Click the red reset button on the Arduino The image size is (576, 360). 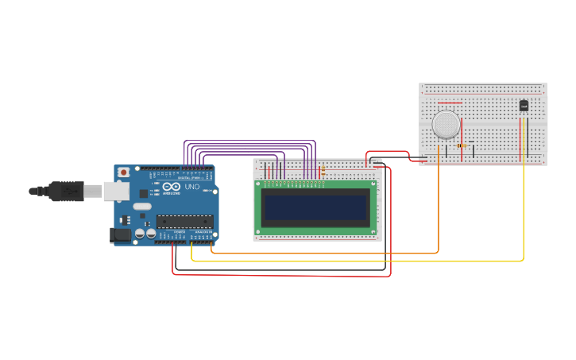pyautogui.click(x=123, y=172)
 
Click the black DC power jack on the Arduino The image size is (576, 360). pyautogui.click(x=119, y=235)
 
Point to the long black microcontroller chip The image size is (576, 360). pyautogui.click(x=184, y=221)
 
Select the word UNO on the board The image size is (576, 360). pyautogui.click(x=192, y=187)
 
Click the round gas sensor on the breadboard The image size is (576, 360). pyautogui.click(x=446, y=123)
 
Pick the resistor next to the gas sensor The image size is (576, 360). pyautogui.click(x=462, y=145)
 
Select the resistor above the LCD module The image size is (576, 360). pyautogui.click(x=323, y=170)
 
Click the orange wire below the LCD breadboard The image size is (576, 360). pyautogui.click(x=318, y=254)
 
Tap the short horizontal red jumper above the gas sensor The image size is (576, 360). pyautogui.click(x=449, y=103)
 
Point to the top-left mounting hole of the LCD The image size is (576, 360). pyautogui.click(x=258, y=184)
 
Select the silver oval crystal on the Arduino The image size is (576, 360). pyautogui.click(x=141, y=207)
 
